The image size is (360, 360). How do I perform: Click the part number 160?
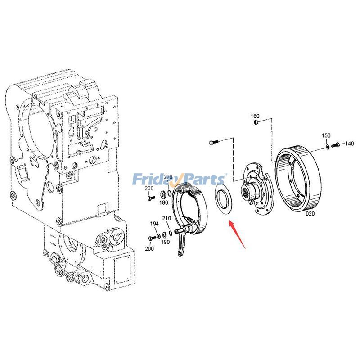(x=255, y=116)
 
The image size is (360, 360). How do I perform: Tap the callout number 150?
(x=326, y=136)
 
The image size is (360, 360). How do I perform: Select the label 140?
(x=349, y=144)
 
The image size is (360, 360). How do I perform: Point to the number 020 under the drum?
(x=310, y=214)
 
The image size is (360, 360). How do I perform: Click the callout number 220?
(x=168, y=177)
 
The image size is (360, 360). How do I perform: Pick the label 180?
(x=164, y=203)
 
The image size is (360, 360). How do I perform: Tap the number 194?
(x=154, y=224)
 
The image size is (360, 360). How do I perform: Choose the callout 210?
(x=166, y=219)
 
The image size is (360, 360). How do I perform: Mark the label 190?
(x=165, y=242)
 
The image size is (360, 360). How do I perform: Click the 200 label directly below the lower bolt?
(x=149, y=248)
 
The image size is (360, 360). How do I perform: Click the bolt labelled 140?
(x=336, y=145)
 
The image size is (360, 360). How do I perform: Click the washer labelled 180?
(x=162, y=195)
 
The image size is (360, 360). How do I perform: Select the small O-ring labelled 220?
(x=169, y=193)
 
